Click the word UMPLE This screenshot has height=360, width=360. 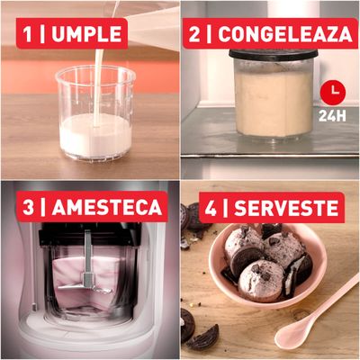pos(89,35)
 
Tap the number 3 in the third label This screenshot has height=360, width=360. pos(29,207)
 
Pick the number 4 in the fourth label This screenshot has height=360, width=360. pos(211,209)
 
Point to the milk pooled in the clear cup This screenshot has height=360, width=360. pos(96,138)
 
